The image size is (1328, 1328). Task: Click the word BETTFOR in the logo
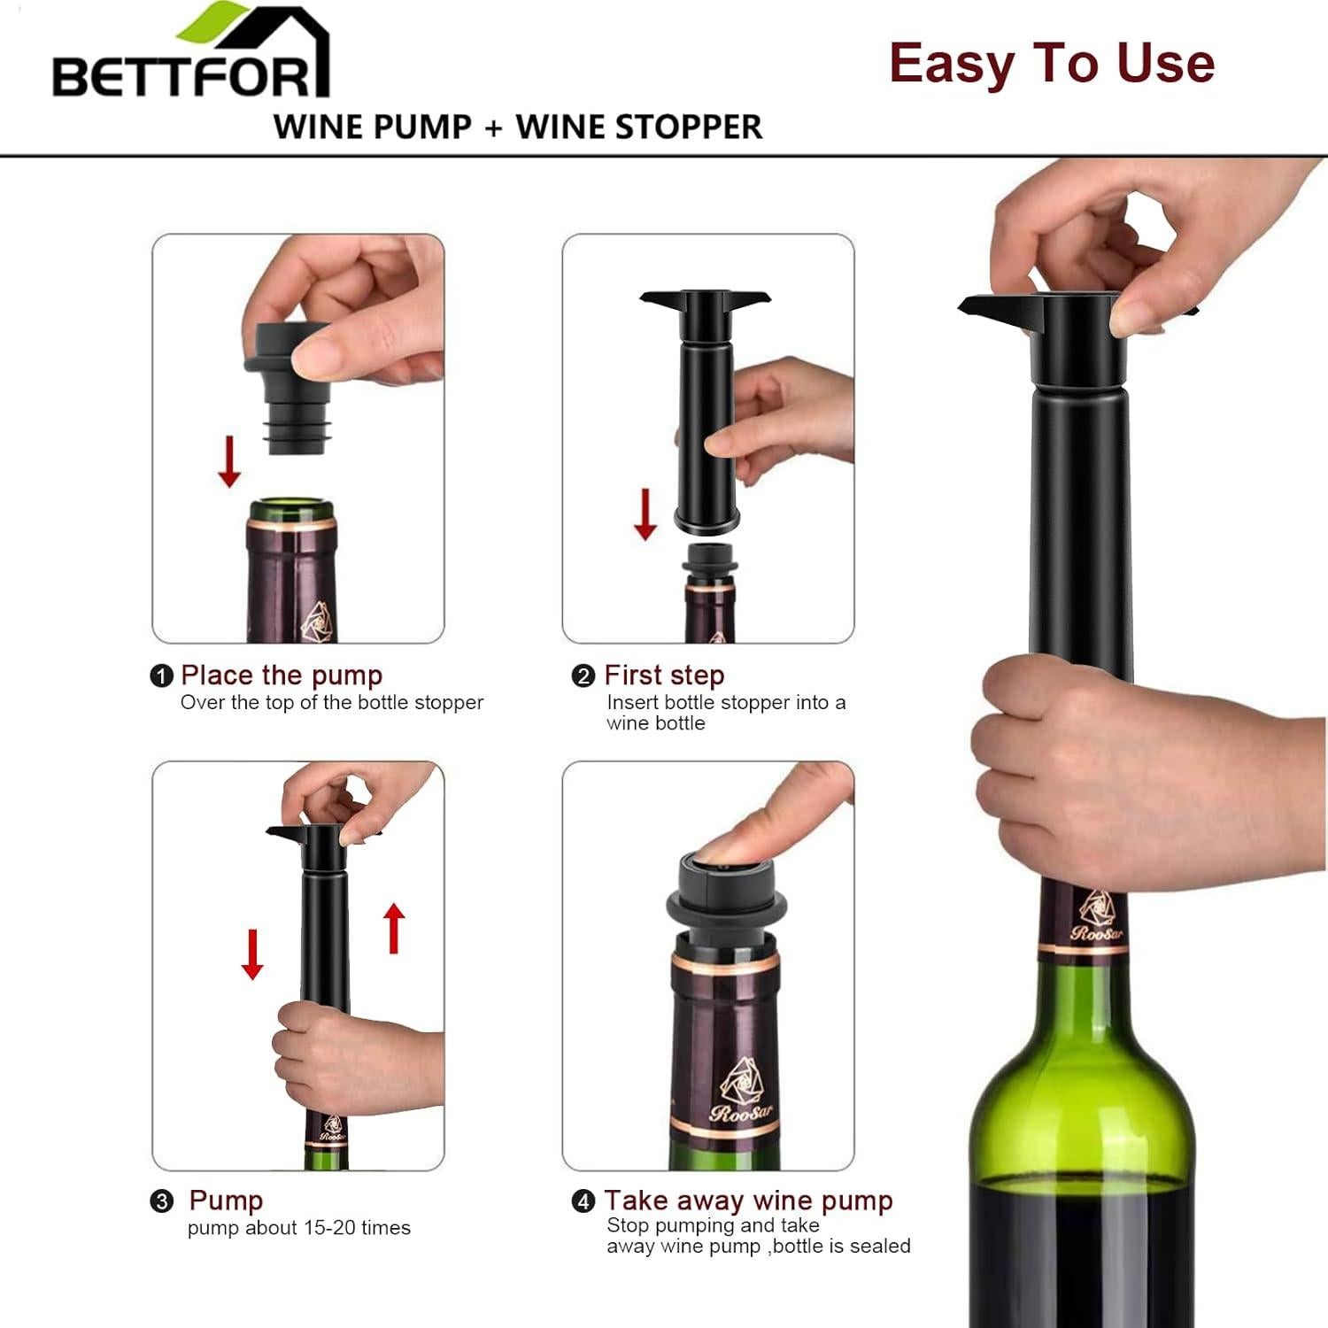(x=181, y=77)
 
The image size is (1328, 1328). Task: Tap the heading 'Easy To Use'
(x=1051, y=63)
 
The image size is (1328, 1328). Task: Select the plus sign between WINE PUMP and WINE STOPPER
(x=493, y=127)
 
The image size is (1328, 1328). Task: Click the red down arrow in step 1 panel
(x=229, y=461)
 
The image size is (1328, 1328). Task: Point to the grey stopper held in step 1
(x=288, y=390)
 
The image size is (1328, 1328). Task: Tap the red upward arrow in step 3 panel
(x=394, y=927)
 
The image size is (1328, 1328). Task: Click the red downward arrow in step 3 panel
(x=252, y=954)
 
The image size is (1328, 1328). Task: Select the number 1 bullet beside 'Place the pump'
(x=161, y=676)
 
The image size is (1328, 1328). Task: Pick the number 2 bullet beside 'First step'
(x=583, y=676)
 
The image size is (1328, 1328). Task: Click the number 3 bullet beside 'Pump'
(x=161, y=1201)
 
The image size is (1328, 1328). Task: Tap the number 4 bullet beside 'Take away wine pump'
(x=583, y=1201)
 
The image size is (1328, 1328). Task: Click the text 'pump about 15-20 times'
(x=298, y=1228)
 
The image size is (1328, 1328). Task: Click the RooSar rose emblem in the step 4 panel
(x=740, y=1080)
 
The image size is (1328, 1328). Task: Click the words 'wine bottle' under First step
(x=655, y=723)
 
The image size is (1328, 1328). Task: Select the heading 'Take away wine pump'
(x=748, y=1201)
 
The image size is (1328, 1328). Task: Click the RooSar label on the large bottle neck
(x=1096, y=921)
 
